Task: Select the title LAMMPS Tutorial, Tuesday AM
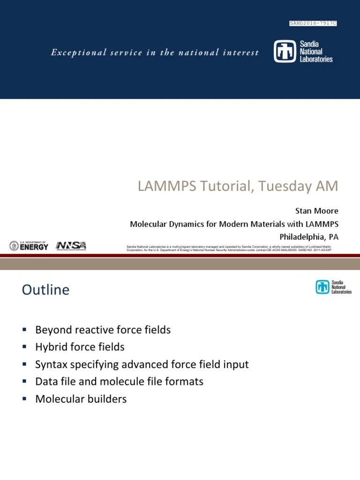(238, 186)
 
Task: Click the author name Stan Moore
(316, 211)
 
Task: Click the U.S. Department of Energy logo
(29, 246)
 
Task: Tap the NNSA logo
(71, 246)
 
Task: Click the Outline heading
(45, 290)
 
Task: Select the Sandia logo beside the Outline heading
(333, 287)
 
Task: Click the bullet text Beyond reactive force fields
(103, 330)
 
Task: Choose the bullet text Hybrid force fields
(80, 347)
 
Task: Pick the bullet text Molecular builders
(81, 399)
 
